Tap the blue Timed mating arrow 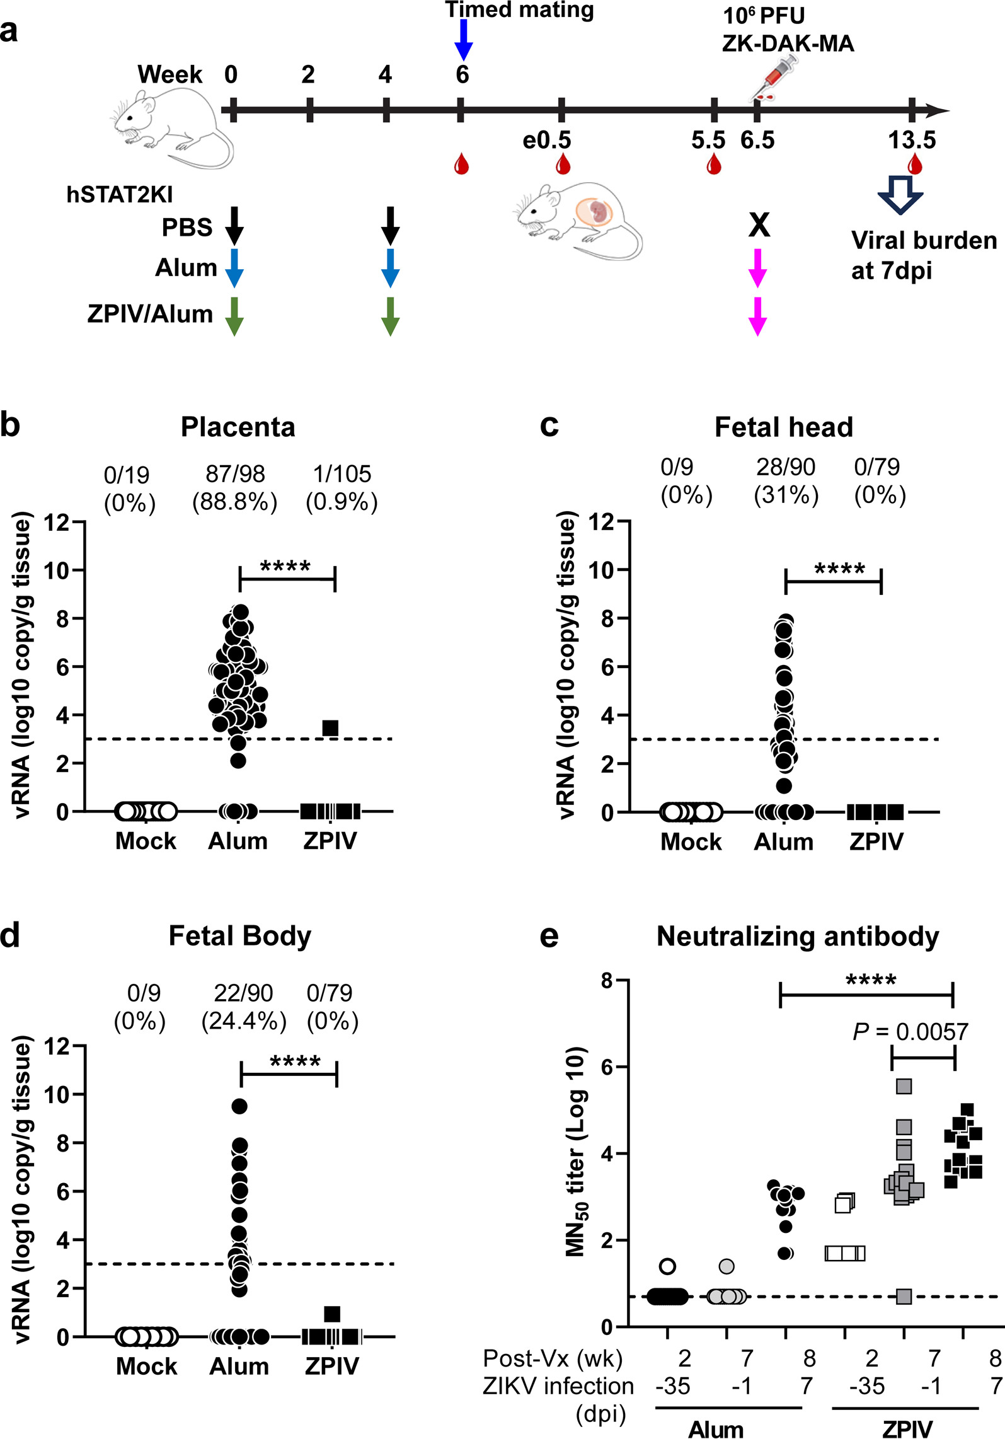point(463,39)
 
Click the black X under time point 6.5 point(759,224)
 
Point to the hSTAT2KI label point(119,195)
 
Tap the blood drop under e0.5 point(563,165)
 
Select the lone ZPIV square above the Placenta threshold point(330,728)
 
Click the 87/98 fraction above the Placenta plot point(235,474)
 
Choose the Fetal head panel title point(783,427)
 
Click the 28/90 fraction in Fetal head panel point(785,467)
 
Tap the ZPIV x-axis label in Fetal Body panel point(331,1366)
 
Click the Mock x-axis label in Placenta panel point(146,841)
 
